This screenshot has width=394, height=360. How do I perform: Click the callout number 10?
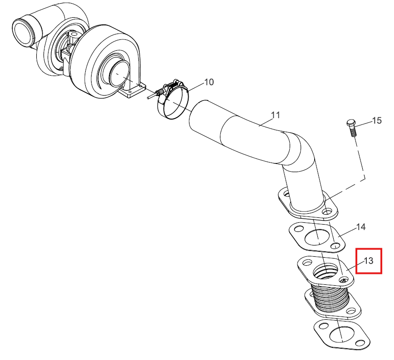click(209, 82)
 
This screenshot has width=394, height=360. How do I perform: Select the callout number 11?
click(276, 115)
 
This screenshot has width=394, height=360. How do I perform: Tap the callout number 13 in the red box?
click(368, 261)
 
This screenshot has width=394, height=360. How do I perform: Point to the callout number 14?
click(361, 227)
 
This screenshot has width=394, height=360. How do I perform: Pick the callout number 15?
click(377, 120)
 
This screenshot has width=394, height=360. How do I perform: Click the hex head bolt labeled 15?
click(352, 128)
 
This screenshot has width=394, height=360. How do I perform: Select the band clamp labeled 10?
click(173, 100)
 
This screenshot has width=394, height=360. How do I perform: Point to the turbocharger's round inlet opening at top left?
click(24, 32)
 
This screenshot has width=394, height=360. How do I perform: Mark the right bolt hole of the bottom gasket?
click(362, 343)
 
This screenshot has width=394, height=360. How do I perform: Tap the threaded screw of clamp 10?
click(154, 94)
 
